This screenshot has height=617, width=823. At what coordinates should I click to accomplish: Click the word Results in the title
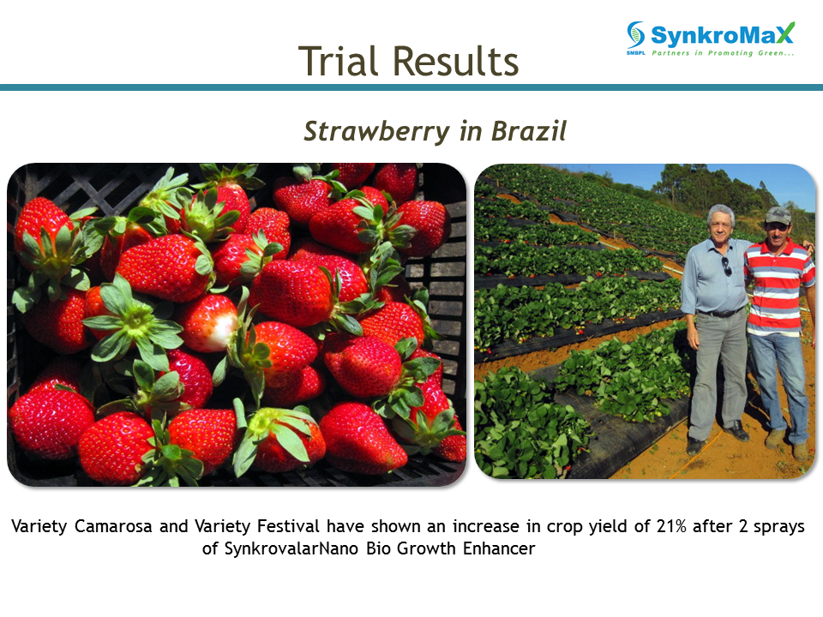(x=455, y=61)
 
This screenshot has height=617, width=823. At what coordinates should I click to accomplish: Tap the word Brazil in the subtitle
(x=529, y=130)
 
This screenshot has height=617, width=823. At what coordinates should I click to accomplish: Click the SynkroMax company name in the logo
(x=722, y=34)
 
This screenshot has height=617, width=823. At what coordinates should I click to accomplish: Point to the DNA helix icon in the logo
(x=635, y=34)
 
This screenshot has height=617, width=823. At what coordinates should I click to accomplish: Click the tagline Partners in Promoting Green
(x=722, y=53)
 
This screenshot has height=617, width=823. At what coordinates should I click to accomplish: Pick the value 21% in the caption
(x=670, y=525)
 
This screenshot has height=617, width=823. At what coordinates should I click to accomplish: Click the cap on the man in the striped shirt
(x=778, y=214)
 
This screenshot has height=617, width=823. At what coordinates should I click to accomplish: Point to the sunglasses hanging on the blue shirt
(x=727, y=267)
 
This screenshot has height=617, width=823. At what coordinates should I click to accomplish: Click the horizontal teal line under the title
(x=411, y=87)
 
